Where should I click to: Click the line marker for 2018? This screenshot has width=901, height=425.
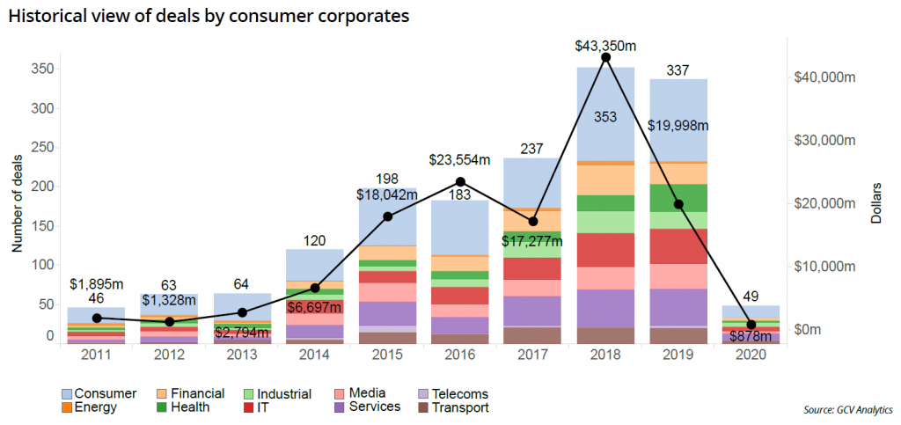(605, 57)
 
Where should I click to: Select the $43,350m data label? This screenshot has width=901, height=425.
(605, 42)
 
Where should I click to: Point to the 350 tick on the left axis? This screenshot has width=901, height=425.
(43, 70)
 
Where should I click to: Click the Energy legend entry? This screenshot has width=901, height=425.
(92, 407)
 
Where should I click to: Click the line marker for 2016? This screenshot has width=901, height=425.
(461, 181)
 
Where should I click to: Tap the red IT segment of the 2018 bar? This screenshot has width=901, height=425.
(605, 250)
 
